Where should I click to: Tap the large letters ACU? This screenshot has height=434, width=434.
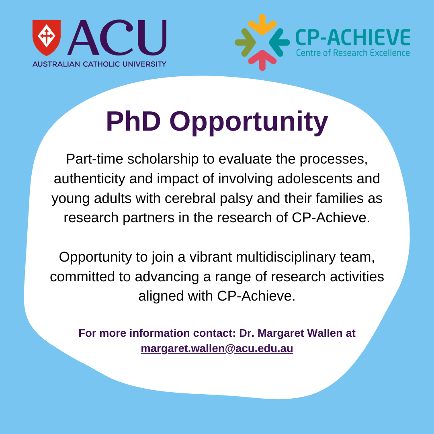point(117,37)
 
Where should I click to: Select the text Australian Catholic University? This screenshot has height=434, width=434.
point(99,64)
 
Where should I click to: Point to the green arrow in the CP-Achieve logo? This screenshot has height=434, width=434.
point(245,42)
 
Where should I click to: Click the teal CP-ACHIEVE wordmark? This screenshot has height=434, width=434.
point(353,37)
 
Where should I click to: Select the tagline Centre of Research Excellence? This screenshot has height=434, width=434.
point(353,53)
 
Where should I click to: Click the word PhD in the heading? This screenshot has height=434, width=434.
point(133,121)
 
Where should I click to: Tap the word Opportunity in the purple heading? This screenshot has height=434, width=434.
point(249,123)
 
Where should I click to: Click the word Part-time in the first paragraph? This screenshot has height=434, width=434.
point(95,159)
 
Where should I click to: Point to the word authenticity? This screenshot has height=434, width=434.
point(89,179)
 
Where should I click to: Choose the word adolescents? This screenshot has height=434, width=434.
point(315,178)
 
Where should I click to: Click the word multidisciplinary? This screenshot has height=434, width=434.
point(286,257)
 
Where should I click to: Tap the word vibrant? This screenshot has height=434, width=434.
point(211,257)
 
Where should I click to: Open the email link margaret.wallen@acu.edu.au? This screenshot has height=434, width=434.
point(217,348)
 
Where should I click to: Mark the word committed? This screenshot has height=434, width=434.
point(82,276)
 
